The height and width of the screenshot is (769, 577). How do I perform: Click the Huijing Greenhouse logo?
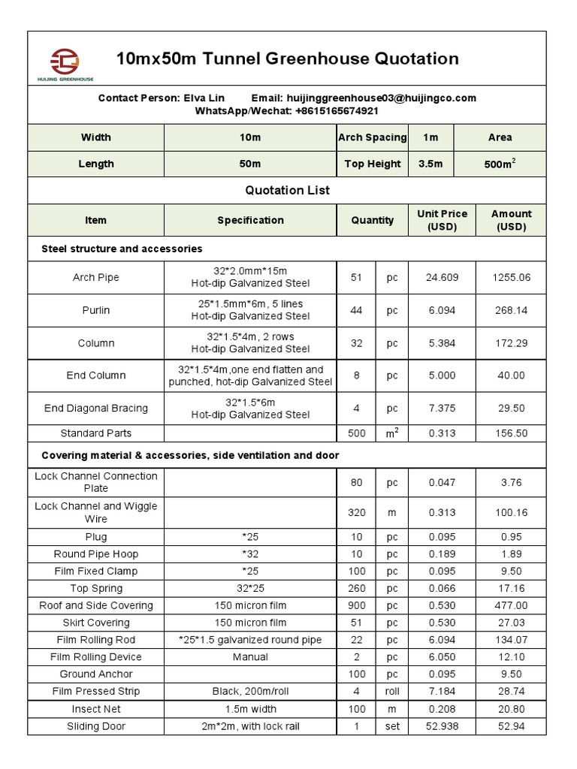click(65, 63)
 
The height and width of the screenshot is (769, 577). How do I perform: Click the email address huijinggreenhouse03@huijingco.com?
click(379, 98)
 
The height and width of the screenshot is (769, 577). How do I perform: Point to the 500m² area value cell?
click(500, 164)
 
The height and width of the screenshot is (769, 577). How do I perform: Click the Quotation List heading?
click(287, 190)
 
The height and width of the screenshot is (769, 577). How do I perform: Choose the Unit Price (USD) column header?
click(442, 220)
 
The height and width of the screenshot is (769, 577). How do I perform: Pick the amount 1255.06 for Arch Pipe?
click(511, 277)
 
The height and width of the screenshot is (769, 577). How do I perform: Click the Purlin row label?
click(96, 310)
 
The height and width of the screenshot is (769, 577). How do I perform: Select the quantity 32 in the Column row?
click(356, 343)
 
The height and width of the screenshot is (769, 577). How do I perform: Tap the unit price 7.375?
click(442, 409)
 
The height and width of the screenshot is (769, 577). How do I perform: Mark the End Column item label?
click(96, 375)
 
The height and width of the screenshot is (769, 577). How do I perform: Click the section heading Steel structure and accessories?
click(122, 249)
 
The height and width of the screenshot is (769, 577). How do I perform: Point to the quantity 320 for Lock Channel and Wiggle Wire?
click(356, 512)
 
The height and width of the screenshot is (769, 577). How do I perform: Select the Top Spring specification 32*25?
click(251, 588)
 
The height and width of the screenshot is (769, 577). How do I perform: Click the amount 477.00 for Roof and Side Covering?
click(511, 605)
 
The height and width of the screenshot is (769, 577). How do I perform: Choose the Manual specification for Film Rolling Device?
click(251, 657)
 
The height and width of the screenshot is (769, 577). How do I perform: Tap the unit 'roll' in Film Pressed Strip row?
click(392, 692)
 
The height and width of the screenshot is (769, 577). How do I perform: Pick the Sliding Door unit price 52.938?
click(442, 726)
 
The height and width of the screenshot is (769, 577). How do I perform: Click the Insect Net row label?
click(96, 709)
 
